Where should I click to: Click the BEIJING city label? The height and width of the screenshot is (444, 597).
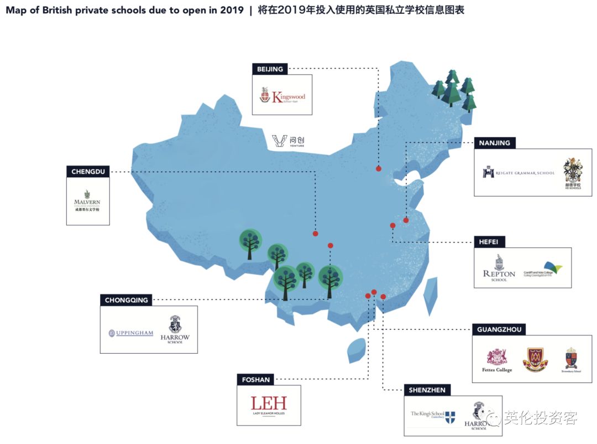[x=270, y=69]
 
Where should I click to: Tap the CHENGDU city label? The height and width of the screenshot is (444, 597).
[x=87, y=172]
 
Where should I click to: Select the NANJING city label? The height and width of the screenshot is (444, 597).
[x=495, y=143]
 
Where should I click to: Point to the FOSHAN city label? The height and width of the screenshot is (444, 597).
[x=256, y=380]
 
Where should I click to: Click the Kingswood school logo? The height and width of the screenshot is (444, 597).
[x=282, y=96]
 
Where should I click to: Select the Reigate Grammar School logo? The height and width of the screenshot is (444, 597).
[x=518, y=173]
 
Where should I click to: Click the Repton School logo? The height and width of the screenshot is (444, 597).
[x=499, y=269]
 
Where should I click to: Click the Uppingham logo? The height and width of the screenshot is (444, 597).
[x=131, y=333]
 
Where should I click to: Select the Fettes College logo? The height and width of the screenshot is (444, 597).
[x=496, y=361]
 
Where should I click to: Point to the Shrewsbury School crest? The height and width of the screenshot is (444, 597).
[x=571, y=360]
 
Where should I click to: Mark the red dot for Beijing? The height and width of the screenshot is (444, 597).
[x=379, y=168]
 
